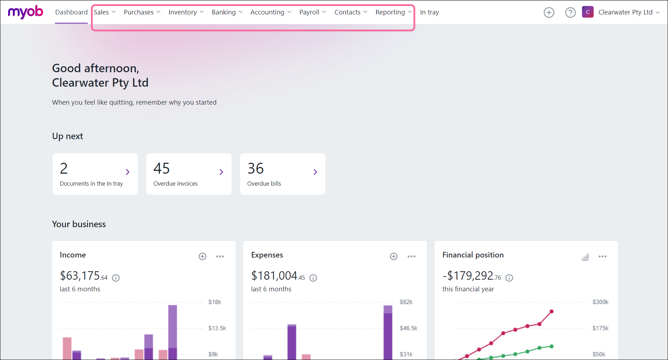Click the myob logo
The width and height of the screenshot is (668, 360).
[25, 12]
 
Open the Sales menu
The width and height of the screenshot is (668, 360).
[105, 12]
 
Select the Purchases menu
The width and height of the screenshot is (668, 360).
[142, 12]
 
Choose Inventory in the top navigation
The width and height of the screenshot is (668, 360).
[186, 12]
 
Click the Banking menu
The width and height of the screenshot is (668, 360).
[227, 12]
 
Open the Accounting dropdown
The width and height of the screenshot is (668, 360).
[271, 12]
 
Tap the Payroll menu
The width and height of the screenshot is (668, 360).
[313, 12]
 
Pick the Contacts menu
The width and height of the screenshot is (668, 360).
[351, 12]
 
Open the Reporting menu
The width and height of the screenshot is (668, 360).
[393, 12]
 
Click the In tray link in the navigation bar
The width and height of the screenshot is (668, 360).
[429, 12]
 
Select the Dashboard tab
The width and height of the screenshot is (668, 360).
[71, 12]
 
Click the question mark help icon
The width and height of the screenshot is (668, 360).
[570, 13]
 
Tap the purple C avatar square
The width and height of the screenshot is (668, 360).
[588, 12]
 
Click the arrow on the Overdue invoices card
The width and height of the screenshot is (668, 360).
[221, 172]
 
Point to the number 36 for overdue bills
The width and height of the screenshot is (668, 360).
[256, 168]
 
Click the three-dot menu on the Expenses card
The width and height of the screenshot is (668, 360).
[411, 256]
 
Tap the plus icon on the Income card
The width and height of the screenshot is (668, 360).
[202, 256]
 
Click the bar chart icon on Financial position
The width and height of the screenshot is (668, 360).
[585, 257]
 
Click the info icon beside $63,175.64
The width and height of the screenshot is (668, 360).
[116, 278]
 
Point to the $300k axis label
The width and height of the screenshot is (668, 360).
[600, 302]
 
